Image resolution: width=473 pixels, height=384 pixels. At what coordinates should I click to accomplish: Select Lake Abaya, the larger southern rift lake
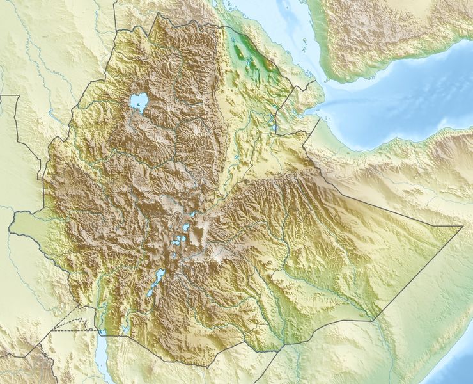click(x=157, y=278)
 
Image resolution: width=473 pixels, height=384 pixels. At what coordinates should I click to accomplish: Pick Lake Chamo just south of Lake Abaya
click(x=150, y=292)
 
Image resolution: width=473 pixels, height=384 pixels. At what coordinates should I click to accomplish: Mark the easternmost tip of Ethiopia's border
click(x=461, y=226)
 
